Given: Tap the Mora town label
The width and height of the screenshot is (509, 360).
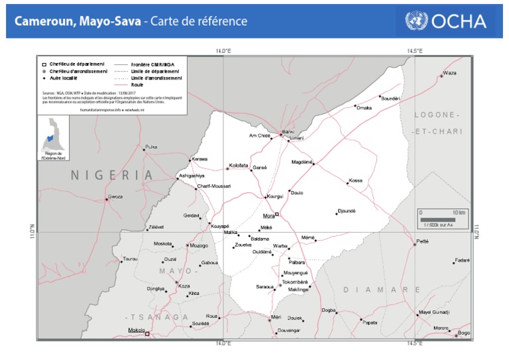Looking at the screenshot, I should pyautogui.click(x=268, y=215).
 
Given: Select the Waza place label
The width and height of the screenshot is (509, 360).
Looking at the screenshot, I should pyautogui.click(x=450, y=73).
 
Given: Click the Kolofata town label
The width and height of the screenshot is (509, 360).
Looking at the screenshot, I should pyautogui.click(x=238, y=165).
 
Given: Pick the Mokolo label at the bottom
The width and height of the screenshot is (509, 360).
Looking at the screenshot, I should pyautogui.click(x=137, y=330).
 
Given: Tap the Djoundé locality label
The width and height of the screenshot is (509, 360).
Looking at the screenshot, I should pyautogui.click(x=347, y=211).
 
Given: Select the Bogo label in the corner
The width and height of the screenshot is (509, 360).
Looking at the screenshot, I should pyautogui.click(x=464, y=333).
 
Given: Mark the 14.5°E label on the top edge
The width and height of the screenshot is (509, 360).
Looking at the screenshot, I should pyautogui.click(x=415, y=50).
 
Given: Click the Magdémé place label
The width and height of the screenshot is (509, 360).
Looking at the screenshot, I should pyautogui.click(x=302, y=162).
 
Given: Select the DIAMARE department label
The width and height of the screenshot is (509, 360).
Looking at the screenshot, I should pyautogui.click(x=382, y=290).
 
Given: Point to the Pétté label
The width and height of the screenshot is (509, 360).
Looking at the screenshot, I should pyautogui.click(x=422, y=241).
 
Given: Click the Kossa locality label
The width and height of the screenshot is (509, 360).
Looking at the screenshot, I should pyautogui.click(x=356, y=180).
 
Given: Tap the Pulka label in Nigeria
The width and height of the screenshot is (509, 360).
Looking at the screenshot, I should pyautogui.click(x=151, y=147).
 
